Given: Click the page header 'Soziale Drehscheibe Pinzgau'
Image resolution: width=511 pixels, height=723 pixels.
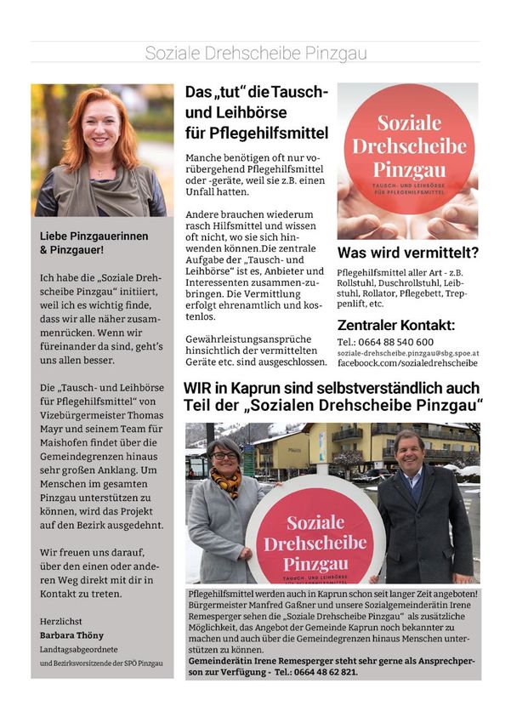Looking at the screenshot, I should (x=255, y=53).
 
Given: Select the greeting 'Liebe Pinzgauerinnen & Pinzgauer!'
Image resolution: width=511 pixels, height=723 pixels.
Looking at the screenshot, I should (x=83, y=243).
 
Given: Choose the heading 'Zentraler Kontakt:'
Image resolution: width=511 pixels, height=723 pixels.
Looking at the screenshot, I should (x=396, y=325).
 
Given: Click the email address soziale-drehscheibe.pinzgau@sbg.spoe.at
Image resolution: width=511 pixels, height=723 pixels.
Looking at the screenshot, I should (x=408, y=353).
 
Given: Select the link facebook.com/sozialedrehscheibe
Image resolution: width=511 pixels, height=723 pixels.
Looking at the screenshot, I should (x=408, y=363).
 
